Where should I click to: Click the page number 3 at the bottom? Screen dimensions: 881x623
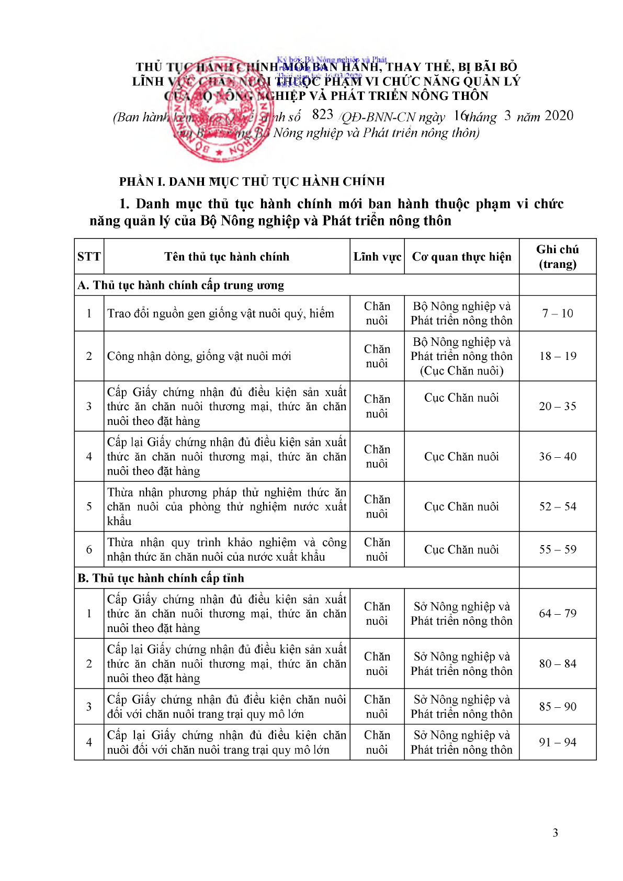tap(555, 832)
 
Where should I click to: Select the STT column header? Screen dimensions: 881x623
tap(89, 256)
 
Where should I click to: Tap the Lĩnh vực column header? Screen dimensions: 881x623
tap(377, 256)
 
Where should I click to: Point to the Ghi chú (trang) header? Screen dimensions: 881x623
tap(558, 256)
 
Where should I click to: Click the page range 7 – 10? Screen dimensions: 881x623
tap(558, 313)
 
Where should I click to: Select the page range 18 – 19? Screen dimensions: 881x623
tap(558, 356)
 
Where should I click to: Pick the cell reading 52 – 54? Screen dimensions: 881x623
tap(558, 506)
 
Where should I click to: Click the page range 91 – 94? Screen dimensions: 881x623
tap(558, 742)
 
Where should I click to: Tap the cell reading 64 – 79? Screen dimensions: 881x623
tap(558, 613)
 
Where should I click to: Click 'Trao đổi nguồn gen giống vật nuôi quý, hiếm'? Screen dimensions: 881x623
tap(220, 313)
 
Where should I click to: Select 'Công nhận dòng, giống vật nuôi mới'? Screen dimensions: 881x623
tap(199, 356)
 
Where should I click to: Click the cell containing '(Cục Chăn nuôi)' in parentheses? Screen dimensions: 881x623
tap(461, 370)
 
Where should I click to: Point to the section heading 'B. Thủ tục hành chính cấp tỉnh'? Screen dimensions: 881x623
tap(161, 578)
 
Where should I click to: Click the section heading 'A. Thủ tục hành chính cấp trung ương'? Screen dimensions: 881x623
tap(181, 285)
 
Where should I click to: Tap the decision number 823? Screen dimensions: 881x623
tap(322, 115)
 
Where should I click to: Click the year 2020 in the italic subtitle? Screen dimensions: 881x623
tap(559, 116)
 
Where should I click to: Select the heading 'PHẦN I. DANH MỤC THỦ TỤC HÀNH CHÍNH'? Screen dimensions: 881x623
tap(252, 182)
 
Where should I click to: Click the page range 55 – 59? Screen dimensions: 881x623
tap(558, 549)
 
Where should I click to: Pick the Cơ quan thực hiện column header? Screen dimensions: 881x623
tap(461, 256)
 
